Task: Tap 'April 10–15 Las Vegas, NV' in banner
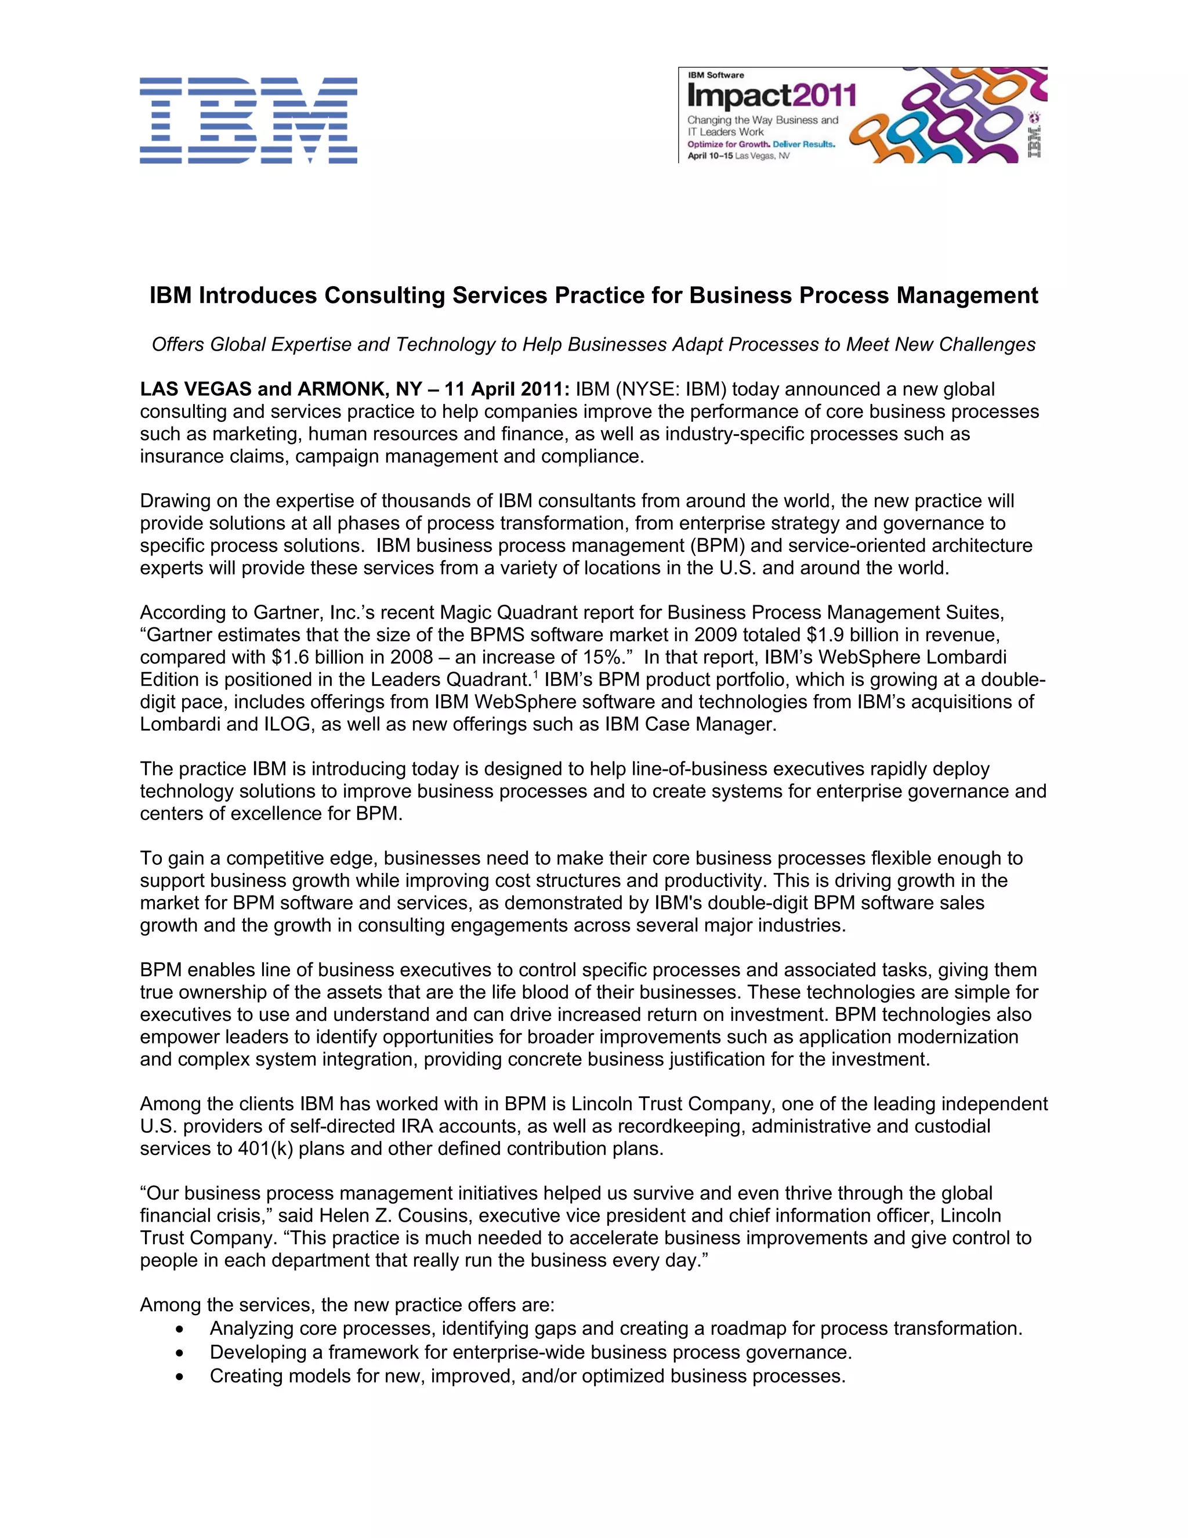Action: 738,156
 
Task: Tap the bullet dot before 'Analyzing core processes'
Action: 182,1330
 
